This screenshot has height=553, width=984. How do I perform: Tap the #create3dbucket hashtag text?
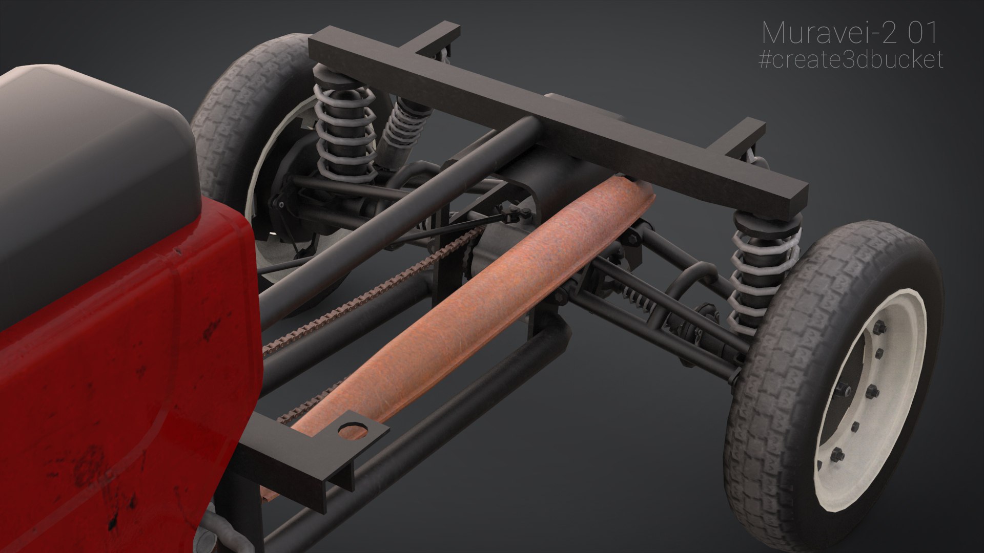click(x=850, y=60)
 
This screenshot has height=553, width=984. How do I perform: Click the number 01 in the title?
click(x=922, y=34)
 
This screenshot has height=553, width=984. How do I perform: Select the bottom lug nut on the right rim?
click(x=837, y=454)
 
